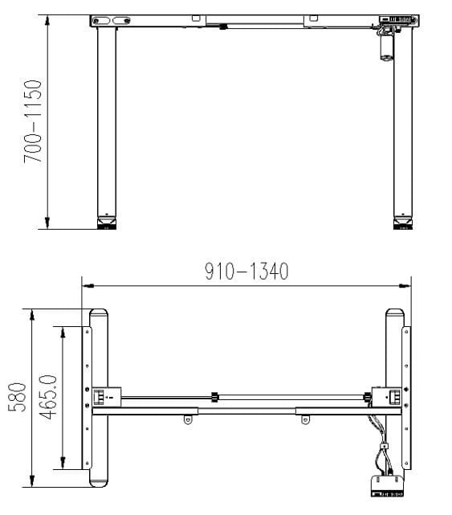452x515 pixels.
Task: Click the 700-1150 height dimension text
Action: click(x=33, y=121)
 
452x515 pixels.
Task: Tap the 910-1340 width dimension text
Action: click(x=246, y=272)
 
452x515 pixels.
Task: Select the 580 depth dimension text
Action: click(x=18, y=398)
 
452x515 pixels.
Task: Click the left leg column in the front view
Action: click(x=106, y=121)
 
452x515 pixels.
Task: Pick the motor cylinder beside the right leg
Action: click(x=383, y=47)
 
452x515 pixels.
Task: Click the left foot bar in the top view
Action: click(x=99, y=398)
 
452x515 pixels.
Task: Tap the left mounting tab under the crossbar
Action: click(x=189, y=419)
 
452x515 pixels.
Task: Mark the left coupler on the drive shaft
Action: click(x=214, y=396)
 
